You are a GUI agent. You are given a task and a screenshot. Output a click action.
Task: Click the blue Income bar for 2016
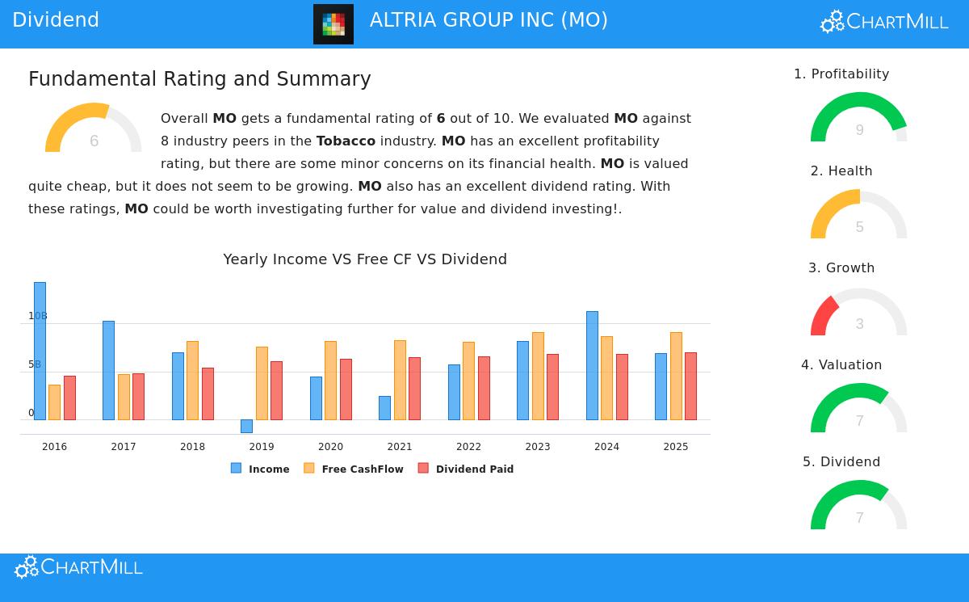point(40,351)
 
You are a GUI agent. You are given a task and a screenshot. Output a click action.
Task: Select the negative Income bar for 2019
point(246,426)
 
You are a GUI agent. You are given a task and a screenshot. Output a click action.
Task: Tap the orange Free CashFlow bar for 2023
point(538,376)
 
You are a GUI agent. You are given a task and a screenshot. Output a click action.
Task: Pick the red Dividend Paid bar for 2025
point(690,386)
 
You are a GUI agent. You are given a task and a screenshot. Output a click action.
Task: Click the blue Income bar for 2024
point(592,365)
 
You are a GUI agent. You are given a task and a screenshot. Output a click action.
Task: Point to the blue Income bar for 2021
point(384,408)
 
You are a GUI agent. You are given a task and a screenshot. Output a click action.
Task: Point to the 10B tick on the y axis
point(38,316)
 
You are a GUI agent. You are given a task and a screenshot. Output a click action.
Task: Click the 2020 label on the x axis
point(330,447)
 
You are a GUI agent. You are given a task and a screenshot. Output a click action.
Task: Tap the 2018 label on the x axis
point(192,447)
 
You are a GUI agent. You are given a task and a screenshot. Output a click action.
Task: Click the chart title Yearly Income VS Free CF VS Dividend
point(365,259)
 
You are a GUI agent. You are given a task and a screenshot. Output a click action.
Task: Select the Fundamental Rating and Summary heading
point(199,79)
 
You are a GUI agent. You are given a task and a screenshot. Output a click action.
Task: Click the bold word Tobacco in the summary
point(346,141)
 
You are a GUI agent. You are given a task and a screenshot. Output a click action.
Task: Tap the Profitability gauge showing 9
point(858,118)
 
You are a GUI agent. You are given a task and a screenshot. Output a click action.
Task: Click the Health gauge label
point(841,171)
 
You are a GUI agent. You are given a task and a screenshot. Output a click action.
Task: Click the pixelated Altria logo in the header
point(333,24)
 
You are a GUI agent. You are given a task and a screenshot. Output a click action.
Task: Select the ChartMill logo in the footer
point(78,567)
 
